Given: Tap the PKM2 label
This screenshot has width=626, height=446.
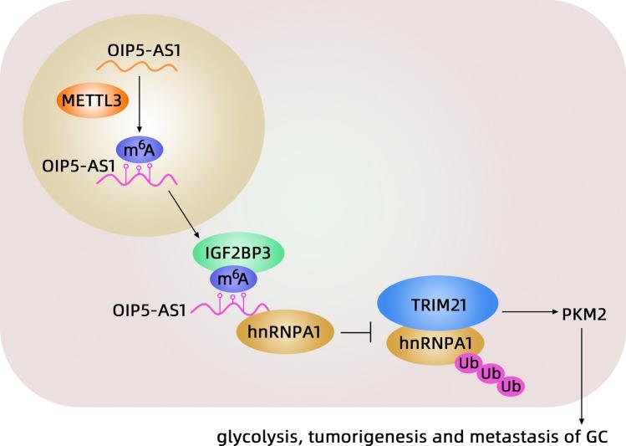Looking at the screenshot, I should click(x=583, y=316).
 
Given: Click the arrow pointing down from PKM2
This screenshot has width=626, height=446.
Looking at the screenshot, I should click(x=583, y=377).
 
